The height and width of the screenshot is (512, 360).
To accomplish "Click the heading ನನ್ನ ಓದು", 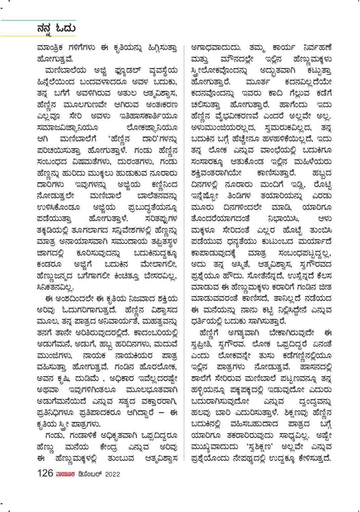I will coord(56,28).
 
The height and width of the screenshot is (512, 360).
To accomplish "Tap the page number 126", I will coord(45,473).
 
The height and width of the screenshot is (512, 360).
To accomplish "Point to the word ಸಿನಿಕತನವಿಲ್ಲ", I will coord(55,287).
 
